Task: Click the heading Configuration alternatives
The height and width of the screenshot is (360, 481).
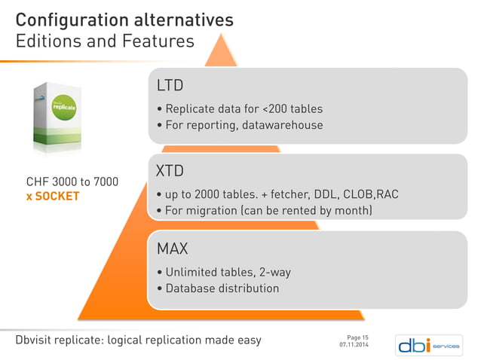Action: click(x=124, y=19)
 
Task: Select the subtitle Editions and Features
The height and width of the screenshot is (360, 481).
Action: click(x=106, y=41)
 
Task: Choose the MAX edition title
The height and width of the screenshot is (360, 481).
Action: click(x=172, y=248)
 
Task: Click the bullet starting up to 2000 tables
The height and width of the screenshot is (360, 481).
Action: click(x=276, y=194)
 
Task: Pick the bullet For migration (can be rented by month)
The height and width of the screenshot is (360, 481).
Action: click(x=264, y=210)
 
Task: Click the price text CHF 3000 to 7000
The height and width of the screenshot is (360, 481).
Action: click(x=72, y=182)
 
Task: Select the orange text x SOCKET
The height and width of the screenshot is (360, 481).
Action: click(x=53, y=197)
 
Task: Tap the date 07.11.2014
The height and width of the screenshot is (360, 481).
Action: click(x=354, y=345)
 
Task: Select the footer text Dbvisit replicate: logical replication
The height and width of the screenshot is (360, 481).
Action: click(x=139, y=340)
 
